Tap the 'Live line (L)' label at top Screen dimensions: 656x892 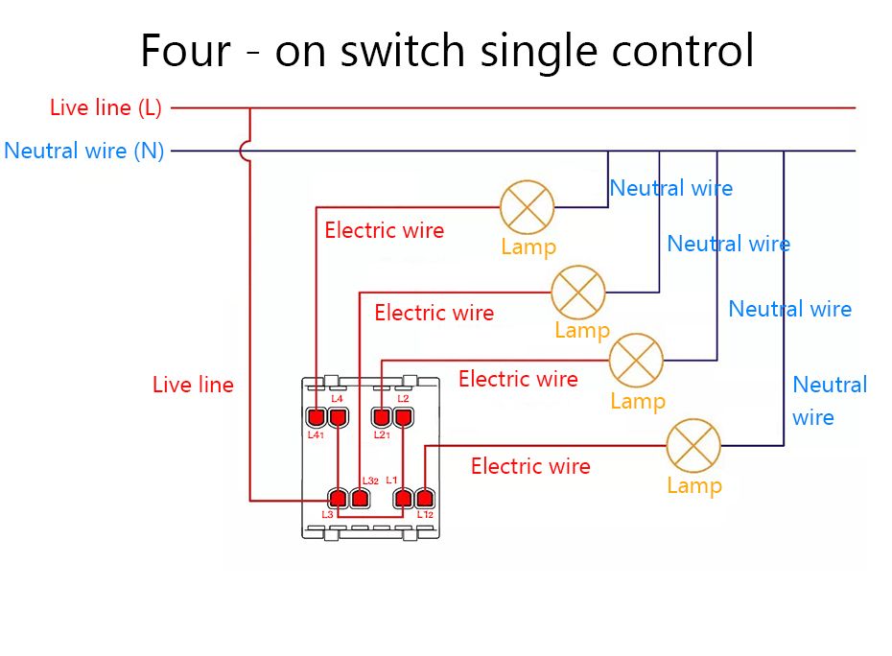click(x=106, y=107)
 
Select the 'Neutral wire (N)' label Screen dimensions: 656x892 click(x=84, y=152)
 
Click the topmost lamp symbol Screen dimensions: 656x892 click(x=528, y=207)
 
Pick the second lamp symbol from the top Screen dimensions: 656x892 click(x=578, y=293)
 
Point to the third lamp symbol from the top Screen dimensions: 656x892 click(x=637, y=361)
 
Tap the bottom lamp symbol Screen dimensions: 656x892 click(x=693, y=446)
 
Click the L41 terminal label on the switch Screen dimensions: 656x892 click(x=316, y=434)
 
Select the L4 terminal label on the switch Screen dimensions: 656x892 click(x=337, y=398)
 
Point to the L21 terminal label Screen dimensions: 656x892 click(x=381, y=434)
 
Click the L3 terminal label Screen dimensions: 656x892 click(x=327, y=515)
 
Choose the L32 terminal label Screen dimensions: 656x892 click(x=370, y=480)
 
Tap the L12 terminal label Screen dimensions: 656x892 click(x=425, y=515)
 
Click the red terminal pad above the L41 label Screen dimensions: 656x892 click(x=317, y=417)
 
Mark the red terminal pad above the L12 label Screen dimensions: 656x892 click(x=425, y=498)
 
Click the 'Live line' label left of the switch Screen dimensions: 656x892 click(x=193, y=386)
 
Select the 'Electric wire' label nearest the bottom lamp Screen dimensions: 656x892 click(x=530, y=467)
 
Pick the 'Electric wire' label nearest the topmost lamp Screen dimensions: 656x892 click(x=384, y=230)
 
